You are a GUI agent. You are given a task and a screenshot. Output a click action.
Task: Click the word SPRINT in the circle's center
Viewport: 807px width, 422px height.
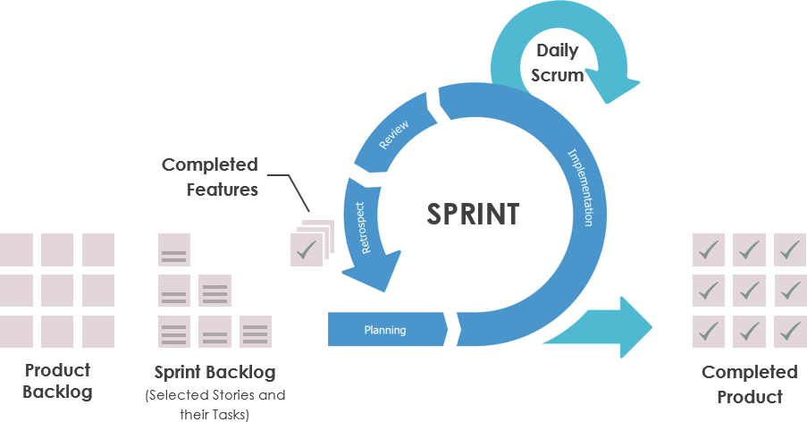[x=473, y=215]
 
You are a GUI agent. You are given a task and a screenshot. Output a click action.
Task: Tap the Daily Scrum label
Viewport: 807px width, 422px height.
[x=558, y=63]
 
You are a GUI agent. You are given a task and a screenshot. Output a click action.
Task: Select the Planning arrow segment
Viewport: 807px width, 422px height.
[x=385, y=330]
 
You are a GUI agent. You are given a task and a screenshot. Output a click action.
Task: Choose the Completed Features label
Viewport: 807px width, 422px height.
[x=210, y=177]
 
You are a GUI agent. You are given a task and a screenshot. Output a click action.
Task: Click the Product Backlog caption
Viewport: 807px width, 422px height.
[x=57, y=381]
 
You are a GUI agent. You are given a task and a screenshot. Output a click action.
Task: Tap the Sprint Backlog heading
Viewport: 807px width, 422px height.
[x=214, y=372]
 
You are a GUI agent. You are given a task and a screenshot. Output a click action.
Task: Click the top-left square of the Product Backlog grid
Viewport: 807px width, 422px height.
[x=16, y=249]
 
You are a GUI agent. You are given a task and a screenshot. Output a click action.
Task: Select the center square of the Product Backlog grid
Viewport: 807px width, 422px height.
[x=57, y=291]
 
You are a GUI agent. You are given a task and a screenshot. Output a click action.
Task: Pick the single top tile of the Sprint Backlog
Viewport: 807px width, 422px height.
[x=173, y=250]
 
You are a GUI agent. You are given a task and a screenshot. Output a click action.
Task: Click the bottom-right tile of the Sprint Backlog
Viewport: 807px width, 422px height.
[x=256, y=332]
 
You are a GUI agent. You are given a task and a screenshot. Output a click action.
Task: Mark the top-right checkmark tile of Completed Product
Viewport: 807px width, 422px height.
[x=790, y=249]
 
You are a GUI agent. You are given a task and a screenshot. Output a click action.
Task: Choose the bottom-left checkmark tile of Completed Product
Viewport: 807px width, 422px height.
[x=709, y=332]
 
